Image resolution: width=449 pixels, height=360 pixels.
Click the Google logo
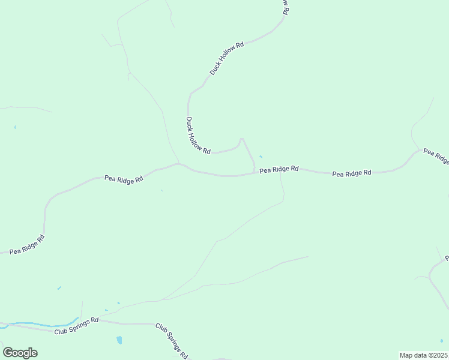tap(20, 353)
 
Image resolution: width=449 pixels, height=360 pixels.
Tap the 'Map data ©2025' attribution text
tap(423, 355)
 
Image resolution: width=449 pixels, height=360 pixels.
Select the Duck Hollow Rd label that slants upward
tap(227, 58)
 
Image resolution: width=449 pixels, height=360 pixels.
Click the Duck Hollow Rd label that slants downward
tap(198, 136)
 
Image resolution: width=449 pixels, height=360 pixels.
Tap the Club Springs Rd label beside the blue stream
tap(76, 328)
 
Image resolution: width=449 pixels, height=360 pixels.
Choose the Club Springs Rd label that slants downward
tap(172, 340)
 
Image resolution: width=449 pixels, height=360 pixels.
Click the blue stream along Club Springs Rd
tap(42, 325)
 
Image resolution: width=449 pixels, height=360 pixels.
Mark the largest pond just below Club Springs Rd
tap(119, 340)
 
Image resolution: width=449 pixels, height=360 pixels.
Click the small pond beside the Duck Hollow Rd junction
tap(261, 157)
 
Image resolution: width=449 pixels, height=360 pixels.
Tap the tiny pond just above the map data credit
tap(442, 341)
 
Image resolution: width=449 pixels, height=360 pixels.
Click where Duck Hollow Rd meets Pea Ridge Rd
tap(255, 173)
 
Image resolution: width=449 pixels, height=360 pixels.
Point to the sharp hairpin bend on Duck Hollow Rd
tap(241, 140)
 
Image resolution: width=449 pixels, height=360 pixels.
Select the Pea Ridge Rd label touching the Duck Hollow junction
tap(279, 170)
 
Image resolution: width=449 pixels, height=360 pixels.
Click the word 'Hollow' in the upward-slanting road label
tap(228, 57)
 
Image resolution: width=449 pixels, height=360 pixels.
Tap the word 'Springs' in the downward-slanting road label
tap(173, 340)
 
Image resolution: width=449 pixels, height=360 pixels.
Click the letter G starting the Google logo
tap(8, 353)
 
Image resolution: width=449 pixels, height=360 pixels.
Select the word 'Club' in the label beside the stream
tap(61, 331)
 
